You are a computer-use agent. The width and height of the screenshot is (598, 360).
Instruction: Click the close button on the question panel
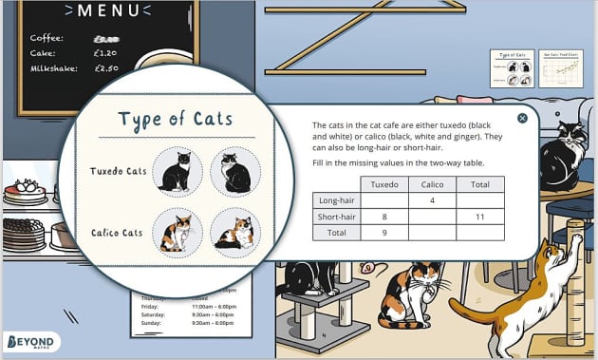coord(522,119)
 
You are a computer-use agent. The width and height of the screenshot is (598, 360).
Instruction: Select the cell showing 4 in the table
coord(432,199)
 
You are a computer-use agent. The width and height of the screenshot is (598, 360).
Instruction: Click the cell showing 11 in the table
coord(479,216)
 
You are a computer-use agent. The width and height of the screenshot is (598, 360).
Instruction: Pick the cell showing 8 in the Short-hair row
coord(383,216)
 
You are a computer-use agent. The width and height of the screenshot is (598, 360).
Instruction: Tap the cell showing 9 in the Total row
coord(383,232)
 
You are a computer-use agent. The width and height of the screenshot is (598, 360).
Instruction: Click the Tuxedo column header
coord(383,183)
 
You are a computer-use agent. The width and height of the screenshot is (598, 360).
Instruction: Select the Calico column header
coord(432,183)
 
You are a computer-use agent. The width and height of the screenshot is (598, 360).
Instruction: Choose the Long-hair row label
coord(336,199)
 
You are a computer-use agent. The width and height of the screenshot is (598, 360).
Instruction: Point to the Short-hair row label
coord(336,216)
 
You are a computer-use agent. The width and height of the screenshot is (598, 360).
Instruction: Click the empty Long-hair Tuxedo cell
coord(383,199)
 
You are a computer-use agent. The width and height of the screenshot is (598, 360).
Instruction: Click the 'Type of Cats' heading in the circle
coord(177,120)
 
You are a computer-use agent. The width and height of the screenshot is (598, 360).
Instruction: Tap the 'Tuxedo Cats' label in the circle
coord(119,172)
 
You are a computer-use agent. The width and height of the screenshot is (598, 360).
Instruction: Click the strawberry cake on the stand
coord(25,193)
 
